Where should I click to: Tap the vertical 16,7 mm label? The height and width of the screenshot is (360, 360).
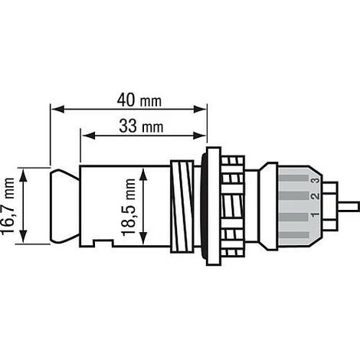click(10, 206)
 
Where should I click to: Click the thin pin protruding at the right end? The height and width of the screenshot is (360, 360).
click(348, 205)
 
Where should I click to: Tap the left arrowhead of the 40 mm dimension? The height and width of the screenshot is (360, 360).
click(54, 109)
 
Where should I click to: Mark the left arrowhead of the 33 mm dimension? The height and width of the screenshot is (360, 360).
click(84, 136)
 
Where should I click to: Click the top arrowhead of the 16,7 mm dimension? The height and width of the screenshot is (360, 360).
click(26, 172)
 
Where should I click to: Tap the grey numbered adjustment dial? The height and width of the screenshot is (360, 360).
click(299, 205)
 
